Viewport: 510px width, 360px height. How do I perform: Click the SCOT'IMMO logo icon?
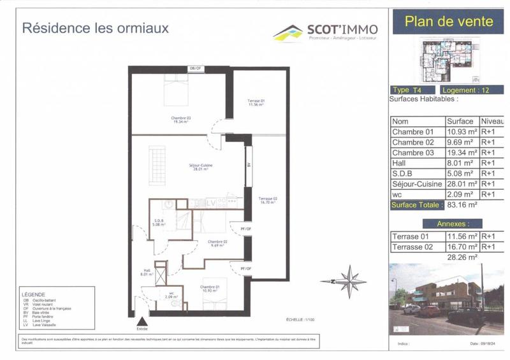[288, 32]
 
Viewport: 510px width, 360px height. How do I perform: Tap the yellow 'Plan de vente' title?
[449, 21]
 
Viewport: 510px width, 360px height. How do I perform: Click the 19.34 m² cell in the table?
[462, 153]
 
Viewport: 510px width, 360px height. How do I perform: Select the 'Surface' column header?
[460, 121]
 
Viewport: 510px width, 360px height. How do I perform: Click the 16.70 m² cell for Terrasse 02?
[462, 247]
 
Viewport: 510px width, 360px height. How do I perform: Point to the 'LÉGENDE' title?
[33, 295]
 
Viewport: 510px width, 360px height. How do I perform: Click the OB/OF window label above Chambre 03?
[195, 68]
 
